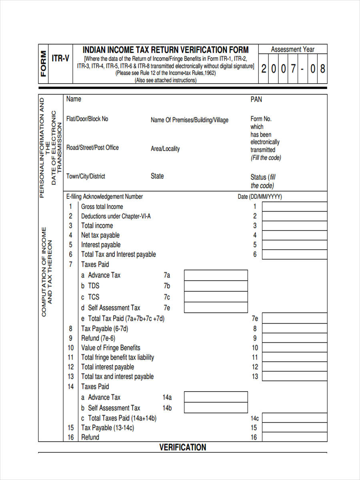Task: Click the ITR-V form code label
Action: (60, 58)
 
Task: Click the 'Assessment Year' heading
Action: (292, 49)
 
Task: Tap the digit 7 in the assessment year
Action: (293, 69)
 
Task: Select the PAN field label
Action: (256, 99)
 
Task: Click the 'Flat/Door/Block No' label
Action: (87, 119)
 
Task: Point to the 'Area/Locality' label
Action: (165, 149)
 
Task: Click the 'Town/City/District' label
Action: (86, 176)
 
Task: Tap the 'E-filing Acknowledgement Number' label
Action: (104, 196)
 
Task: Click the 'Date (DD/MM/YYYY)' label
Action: (260, 197)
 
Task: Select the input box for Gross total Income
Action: (294, 207)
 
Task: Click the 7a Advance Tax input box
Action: (216, 275)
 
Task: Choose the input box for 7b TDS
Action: (216, 286)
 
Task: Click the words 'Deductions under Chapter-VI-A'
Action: (116, 216)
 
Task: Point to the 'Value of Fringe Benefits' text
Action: (111, 348)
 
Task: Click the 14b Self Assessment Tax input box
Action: (216, 408)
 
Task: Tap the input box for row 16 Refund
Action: (294, 437)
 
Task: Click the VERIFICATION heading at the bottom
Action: (183, 447)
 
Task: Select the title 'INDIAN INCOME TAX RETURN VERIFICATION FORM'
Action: (166, 50)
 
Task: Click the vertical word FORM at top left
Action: (43, 64)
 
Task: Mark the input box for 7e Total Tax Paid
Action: (294, 319)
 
